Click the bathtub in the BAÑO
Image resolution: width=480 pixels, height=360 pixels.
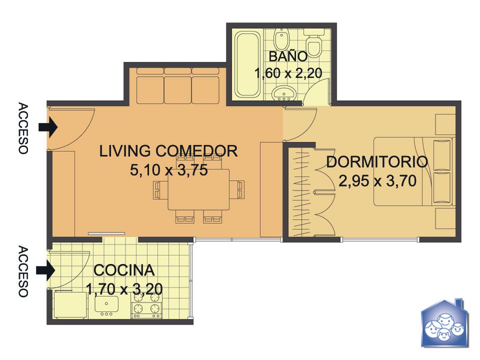[x=247, y=64]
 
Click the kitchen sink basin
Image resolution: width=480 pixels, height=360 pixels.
[x=106, y=305]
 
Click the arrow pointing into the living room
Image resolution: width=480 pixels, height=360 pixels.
[x=48, y=127]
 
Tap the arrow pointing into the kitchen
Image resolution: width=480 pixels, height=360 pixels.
[x=45, y=270]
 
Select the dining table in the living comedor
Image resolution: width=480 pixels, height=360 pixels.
[x=198, y=189]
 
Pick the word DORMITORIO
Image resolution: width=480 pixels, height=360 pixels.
[x=377, y=161]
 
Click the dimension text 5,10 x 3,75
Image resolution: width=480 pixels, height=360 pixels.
[x=169, y=170]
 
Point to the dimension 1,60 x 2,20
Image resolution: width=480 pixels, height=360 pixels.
[x=288, y=73]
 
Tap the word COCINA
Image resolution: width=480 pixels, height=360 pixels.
[x=124, y=270]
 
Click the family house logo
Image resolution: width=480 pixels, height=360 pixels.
[x=445, y=323]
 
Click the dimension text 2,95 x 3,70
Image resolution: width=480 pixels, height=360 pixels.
[x=377, y=180]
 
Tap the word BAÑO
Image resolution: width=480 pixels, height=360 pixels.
[x=288, y=56]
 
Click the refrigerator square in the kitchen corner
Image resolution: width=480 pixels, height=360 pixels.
[x=70, y=305]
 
